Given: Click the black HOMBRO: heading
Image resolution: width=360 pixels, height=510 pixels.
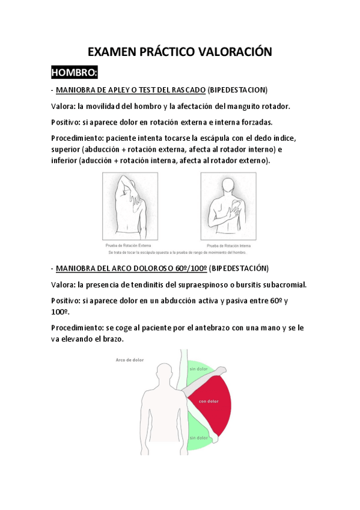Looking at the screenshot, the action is (75, 73).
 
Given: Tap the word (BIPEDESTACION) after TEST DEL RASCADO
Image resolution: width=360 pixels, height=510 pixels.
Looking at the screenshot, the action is (237, 90).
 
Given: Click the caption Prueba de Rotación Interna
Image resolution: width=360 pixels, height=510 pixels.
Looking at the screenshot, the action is (228, 245).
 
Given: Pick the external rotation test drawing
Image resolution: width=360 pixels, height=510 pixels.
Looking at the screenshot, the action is (130, 206).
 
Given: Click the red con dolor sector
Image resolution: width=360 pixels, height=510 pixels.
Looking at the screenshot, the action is (209, 401).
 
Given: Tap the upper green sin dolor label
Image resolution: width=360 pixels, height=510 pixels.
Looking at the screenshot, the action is (198, 369).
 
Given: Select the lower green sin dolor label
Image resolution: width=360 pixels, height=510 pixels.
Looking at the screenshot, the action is (198, 438).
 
